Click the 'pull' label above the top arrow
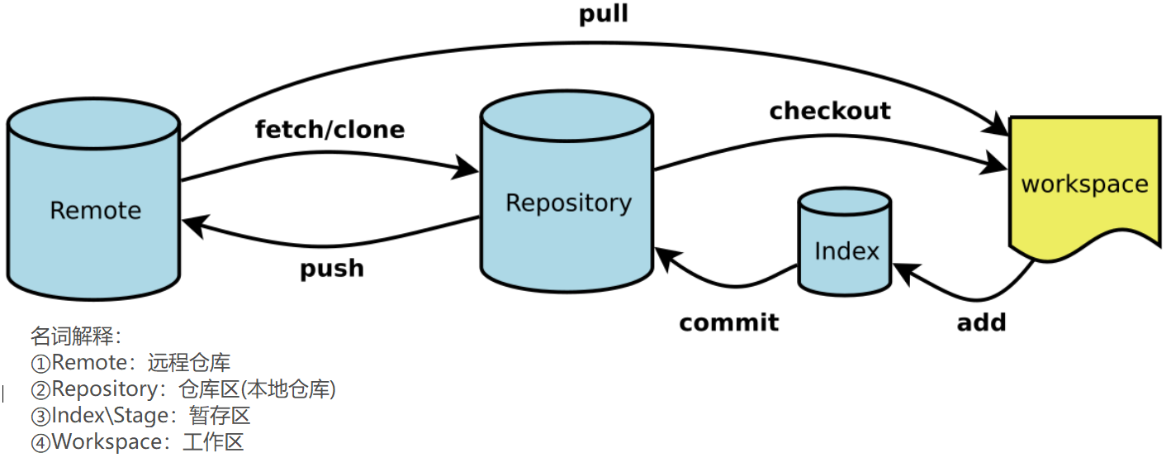click(603, 15)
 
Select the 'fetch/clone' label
click(329, 130)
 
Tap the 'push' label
click(332, 269)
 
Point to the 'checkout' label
click(830, 111)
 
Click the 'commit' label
click(728, 322)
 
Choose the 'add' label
click(981, 322)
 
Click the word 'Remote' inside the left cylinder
click(96, 210)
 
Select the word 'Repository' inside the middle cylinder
click(568, 203)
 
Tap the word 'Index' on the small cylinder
click(846, 250)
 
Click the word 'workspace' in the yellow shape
click(1084, 184)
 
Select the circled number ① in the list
click(40, 363)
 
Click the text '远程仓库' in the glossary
click(189, 363)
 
